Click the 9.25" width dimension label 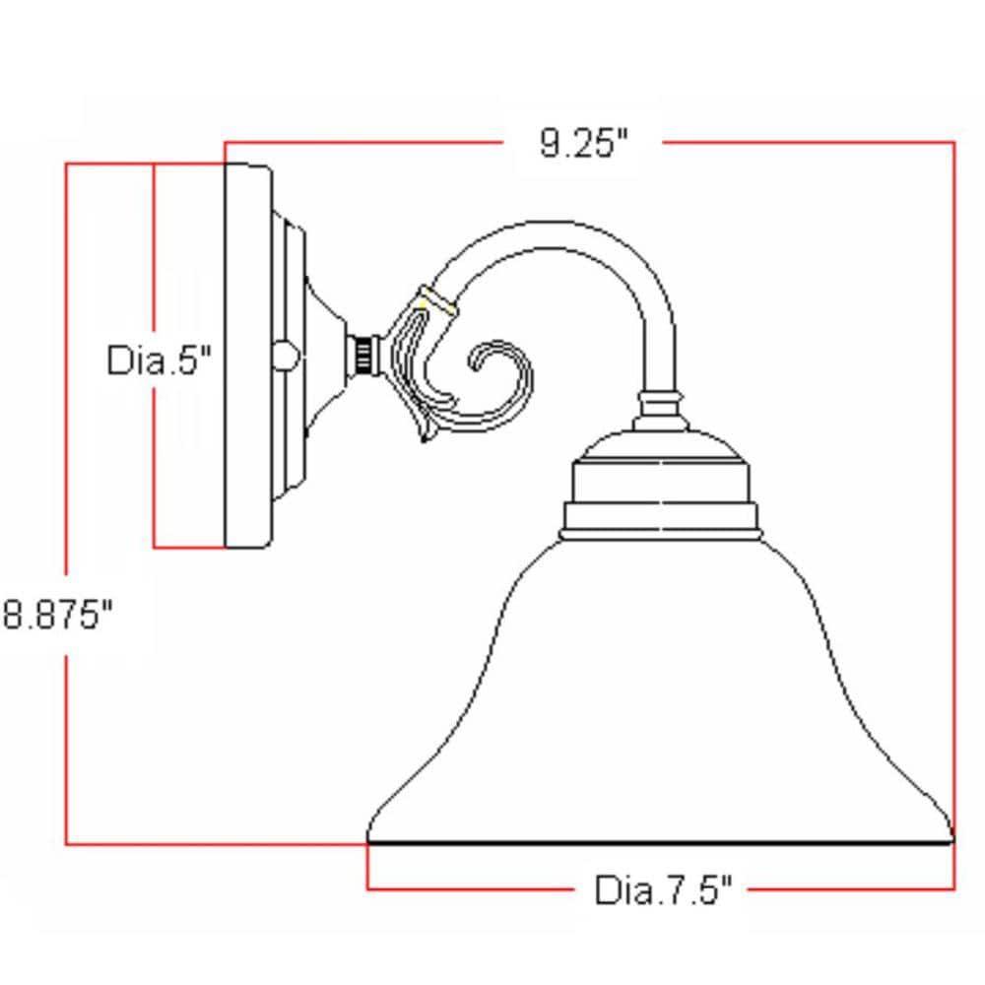pos(583,144)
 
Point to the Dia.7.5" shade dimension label pos(663,890)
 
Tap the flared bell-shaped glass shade pos(660,709)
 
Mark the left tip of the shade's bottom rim pos(369,839)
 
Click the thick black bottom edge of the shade pos(660,843)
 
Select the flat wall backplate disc pos(247,355)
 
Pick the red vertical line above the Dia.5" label pos(155,246)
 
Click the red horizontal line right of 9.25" pos(808,143)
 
